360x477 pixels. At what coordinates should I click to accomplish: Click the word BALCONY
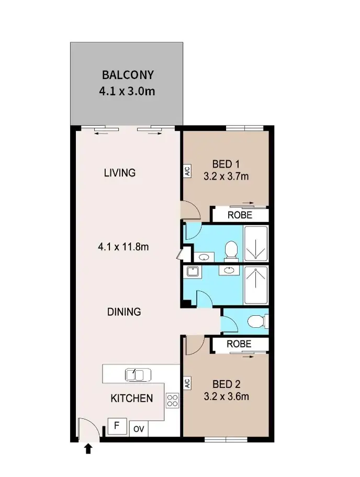pos(128,74)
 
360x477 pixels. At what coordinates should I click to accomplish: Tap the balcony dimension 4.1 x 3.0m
pos(127,91)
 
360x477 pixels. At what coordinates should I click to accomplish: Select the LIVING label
pos(120,172)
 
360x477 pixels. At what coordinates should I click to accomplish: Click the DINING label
pos(124,312)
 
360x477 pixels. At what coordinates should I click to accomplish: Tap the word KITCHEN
pos(131,398)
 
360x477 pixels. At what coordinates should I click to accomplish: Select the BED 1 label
pos(226,163)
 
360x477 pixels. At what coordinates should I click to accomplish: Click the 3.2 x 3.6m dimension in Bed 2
pos(226,396)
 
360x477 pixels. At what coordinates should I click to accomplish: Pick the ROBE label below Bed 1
pos(240,215)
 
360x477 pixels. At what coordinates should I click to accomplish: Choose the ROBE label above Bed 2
pos(240,344)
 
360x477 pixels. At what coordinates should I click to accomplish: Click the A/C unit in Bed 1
pos(186,172)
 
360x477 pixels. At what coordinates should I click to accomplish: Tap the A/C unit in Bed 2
pos(186,384)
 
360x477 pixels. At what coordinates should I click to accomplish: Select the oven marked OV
pos(139,429)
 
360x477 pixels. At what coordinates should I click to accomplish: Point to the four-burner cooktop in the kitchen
pos(172,401)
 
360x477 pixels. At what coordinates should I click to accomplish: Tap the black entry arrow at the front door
pos(88,448)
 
